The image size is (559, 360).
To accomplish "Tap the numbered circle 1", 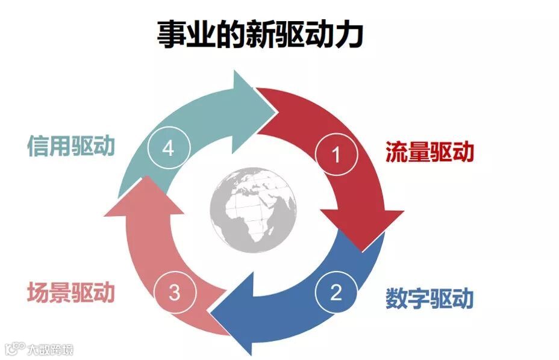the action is coord(336,155).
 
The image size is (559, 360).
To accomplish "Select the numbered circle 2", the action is coord(336,293).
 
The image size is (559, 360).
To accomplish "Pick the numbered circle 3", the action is coord(174,293).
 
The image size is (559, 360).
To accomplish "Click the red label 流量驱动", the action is coord(429,152).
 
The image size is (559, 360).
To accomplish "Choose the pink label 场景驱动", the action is coord(70,293).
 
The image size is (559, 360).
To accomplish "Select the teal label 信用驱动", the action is coord(70,146).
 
